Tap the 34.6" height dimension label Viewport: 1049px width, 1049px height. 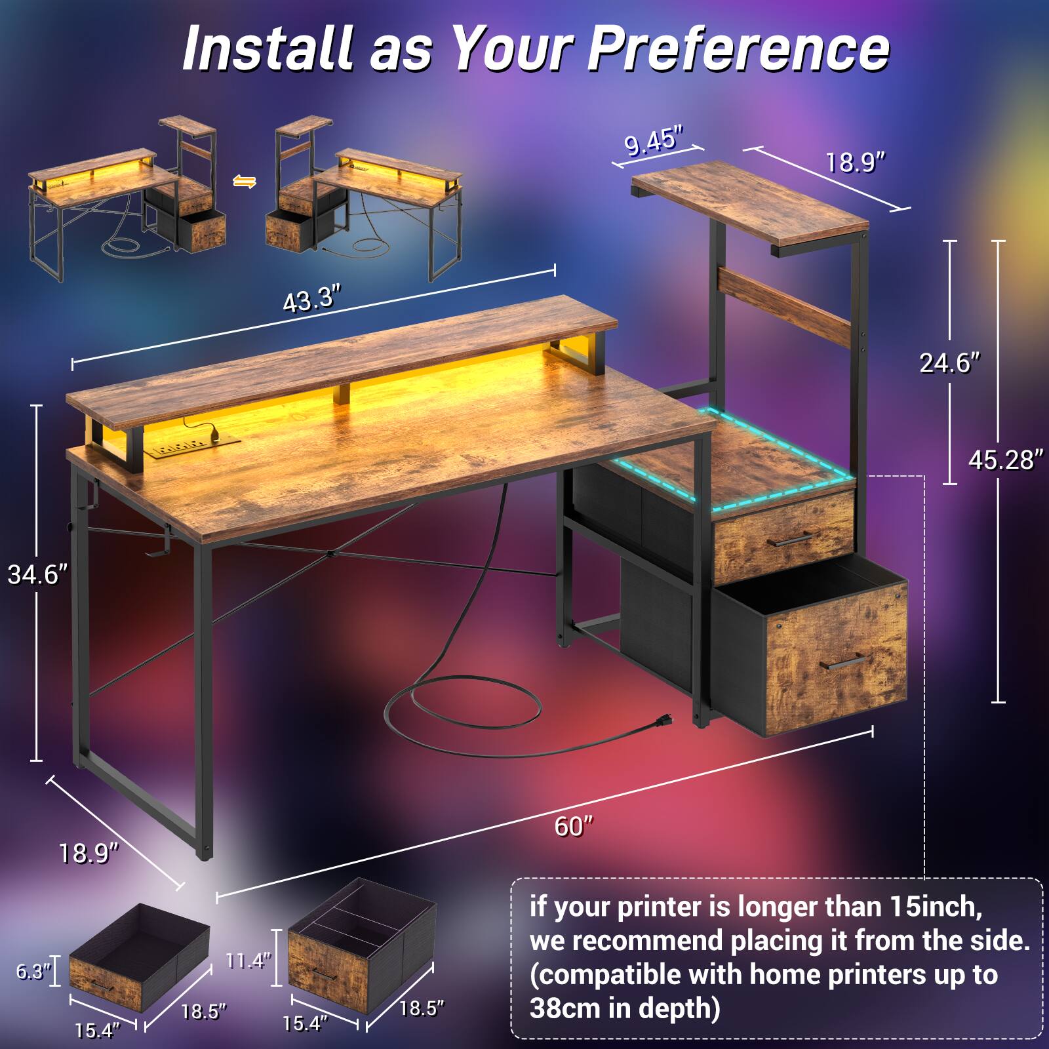tap(37, 575)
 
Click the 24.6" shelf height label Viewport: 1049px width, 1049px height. tap(949, 363)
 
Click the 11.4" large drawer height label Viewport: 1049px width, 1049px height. tap(248, 961)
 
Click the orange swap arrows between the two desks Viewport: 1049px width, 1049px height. tap(245, 182)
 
